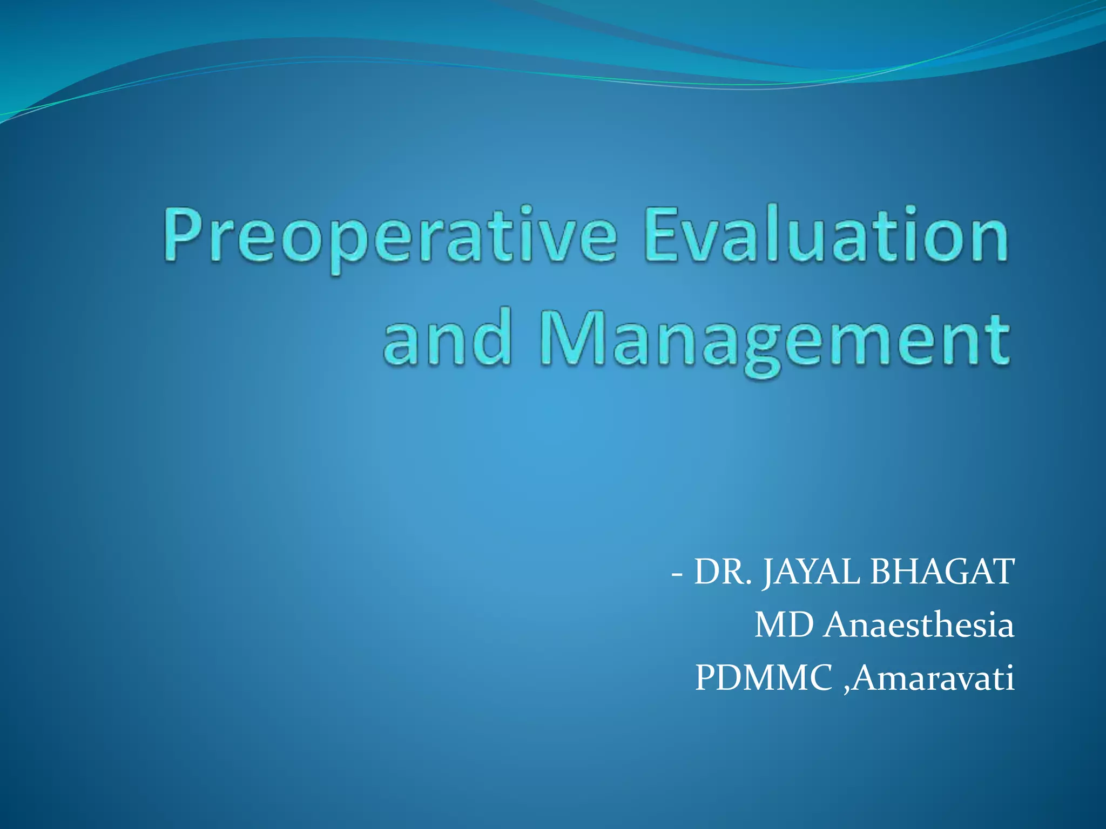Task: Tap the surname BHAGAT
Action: point(943,572)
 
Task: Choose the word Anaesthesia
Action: point(919,625)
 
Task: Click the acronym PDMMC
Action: point(764,678)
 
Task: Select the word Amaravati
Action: point(934,678)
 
